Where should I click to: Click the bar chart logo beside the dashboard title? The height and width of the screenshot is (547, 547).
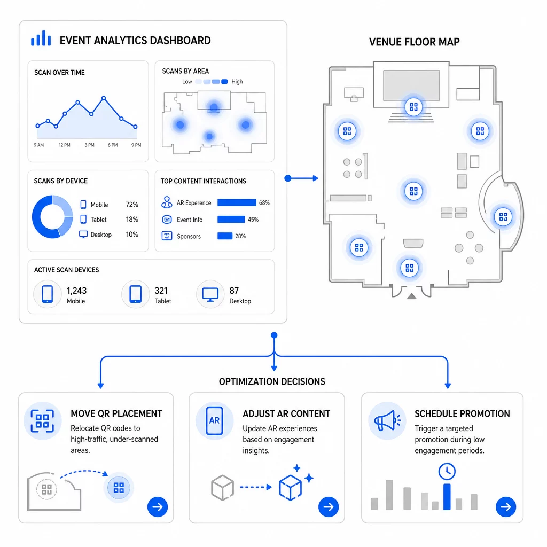click(41, 38)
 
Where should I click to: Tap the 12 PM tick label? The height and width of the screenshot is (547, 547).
click(64, 145)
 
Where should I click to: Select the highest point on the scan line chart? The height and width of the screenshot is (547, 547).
click(104, 98)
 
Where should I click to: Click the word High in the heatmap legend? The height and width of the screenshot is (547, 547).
click(237, 82)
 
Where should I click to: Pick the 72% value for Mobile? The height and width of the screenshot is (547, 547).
click(132, 205)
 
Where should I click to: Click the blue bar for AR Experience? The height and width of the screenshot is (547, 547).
click(237, 202)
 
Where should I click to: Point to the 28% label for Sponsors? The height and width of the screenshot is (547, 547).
click(240, 236)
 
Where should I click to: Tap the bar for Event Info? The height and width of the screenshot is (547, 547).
click(231, 220)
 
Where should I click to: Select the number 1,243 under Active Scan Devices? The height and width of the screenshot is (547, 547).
click(76, 291)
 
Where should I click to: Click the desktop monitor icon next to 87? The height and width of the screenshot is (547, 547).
click(210, 295)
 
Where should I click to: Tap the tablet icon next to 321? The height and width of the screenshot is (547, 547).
click(135, 294)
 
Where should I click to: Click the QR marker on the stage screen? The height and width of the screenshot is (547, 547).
click(413, 107)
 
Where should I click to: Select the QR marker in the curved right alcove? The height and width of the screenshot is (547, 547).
click(503, 217)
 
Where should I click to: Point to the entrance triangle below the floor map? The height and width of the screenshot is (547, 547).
click(412, 296)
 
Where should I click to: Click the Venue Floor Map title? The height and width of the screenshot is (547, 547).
click(414, 42)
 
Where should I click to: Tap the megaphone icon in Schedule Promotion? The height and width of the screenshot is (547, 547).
click(387, 420)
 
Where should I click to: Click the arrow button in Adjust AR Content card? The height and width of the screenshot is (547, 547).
click(329, 506)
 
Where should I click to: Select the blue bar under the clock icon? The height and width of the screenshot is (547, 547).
click(447, 497)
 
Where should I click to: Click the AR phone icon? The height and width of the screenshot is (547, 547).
click(214, 421)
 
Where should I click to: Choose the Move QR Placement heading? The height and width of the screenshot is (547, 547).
click(116, 414)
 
